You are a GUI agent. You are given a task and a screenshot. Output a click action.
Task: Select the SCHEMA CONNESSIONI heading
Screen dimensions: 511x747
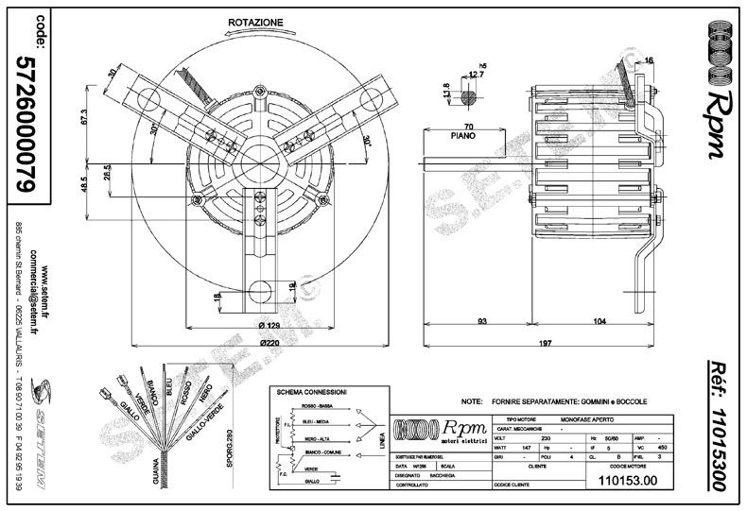point(311,391)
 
